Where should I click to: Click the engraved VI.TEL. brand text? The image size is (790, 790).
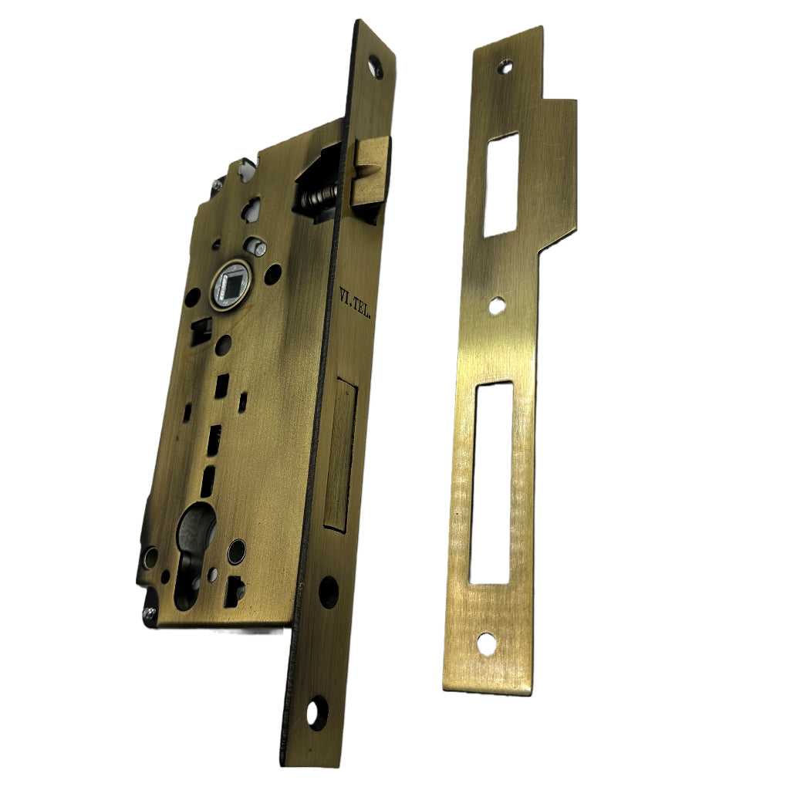pyautogui.click(x=356, y=305)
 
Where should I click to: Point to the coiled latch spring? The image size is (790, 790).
pyautogui.click(x=319, y=196)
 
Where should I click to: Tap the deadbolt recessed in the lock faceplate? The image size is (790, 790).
pyautogui.click(x=339, y=451)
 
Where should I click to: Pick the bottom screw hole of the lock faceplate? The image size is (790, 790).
pyautogui.click(x=316, y=711)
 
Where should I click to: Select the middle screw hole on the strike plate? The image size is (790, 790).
pyautogui.click(x=498, y=306)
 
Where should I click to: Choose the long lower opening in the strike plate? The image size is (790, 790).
pyautogui.click(x=492, y=482)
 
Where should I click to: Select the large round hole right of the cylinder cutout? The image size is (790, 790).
pyautogui.click(x=238, y=551)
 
